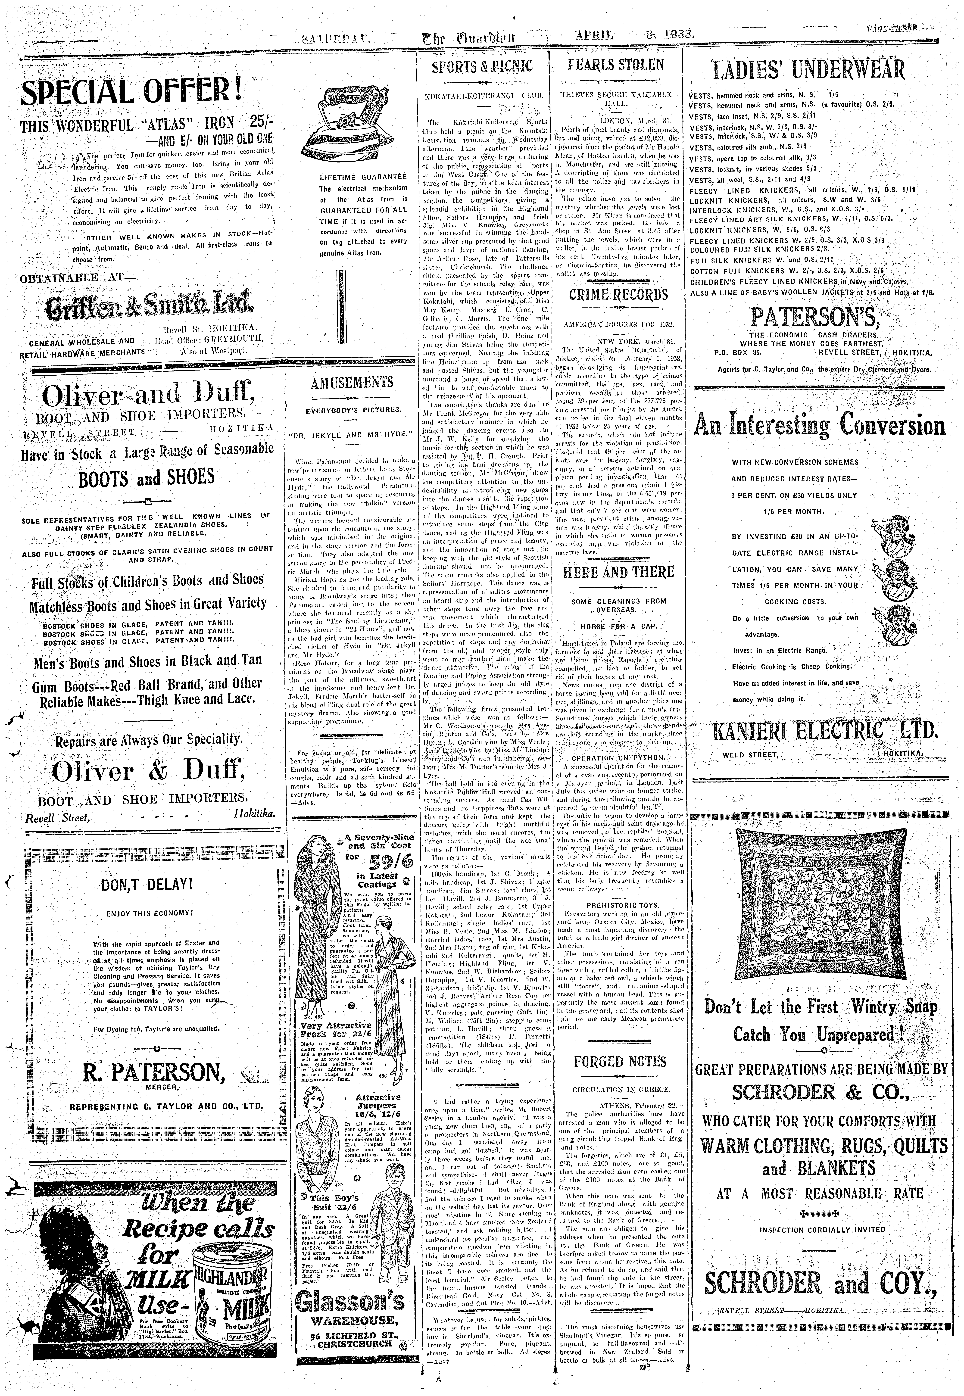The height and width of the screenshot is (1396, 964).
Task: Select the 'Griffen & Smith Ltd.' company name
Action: pyautogui.click(x=149, y=307)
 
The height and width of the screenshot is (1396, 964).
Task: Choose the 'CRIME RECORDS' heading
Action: pyautogui.click(x=618, y=295)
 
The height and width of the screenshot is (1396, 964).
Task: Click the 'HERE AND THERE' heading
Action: pyautogui.click(x=618, y=571)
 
